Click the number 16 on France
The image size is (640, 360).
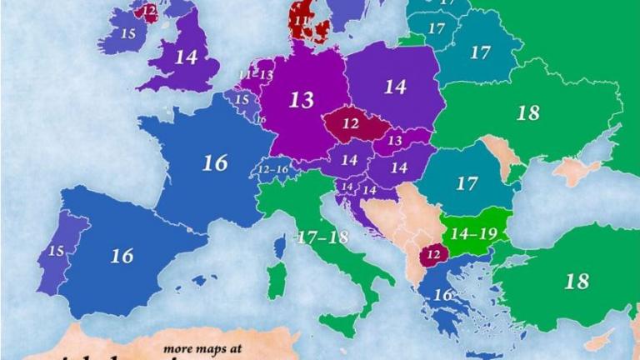pyautogui.click(x=215, y=162)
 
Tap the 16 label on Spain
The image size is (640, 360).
pyautogui.click(x=122, y=256)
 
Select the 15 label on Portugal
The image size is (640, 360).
pyautogui.click(x=57, y=251)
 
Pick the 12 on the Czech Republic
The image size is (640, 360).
pyautogui.click(x=350, y=123)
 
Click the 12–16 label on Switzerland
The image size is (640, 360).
pyautogui.click(x=274, y=170)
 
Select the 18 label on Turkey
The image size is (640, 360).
pyautogui.click(x=576, y=281)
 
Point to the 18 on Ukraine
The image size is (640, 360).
pyautogui.click(x=527, y=113)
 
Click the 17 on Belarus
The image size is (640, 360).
pyautogui.click(x=479, y=52)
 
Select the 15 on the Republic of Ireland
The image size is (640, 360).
pyautogui.click(x=127, y=33)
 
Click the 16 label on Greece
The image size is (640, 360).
pyautogui.click(x=442, y=294)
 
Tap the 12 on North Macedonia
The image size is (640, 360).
pyautogui.click(x=433, y=252)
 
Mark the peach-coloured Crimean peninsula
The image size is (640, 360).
pyautogui.click(x=576, y=172)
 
